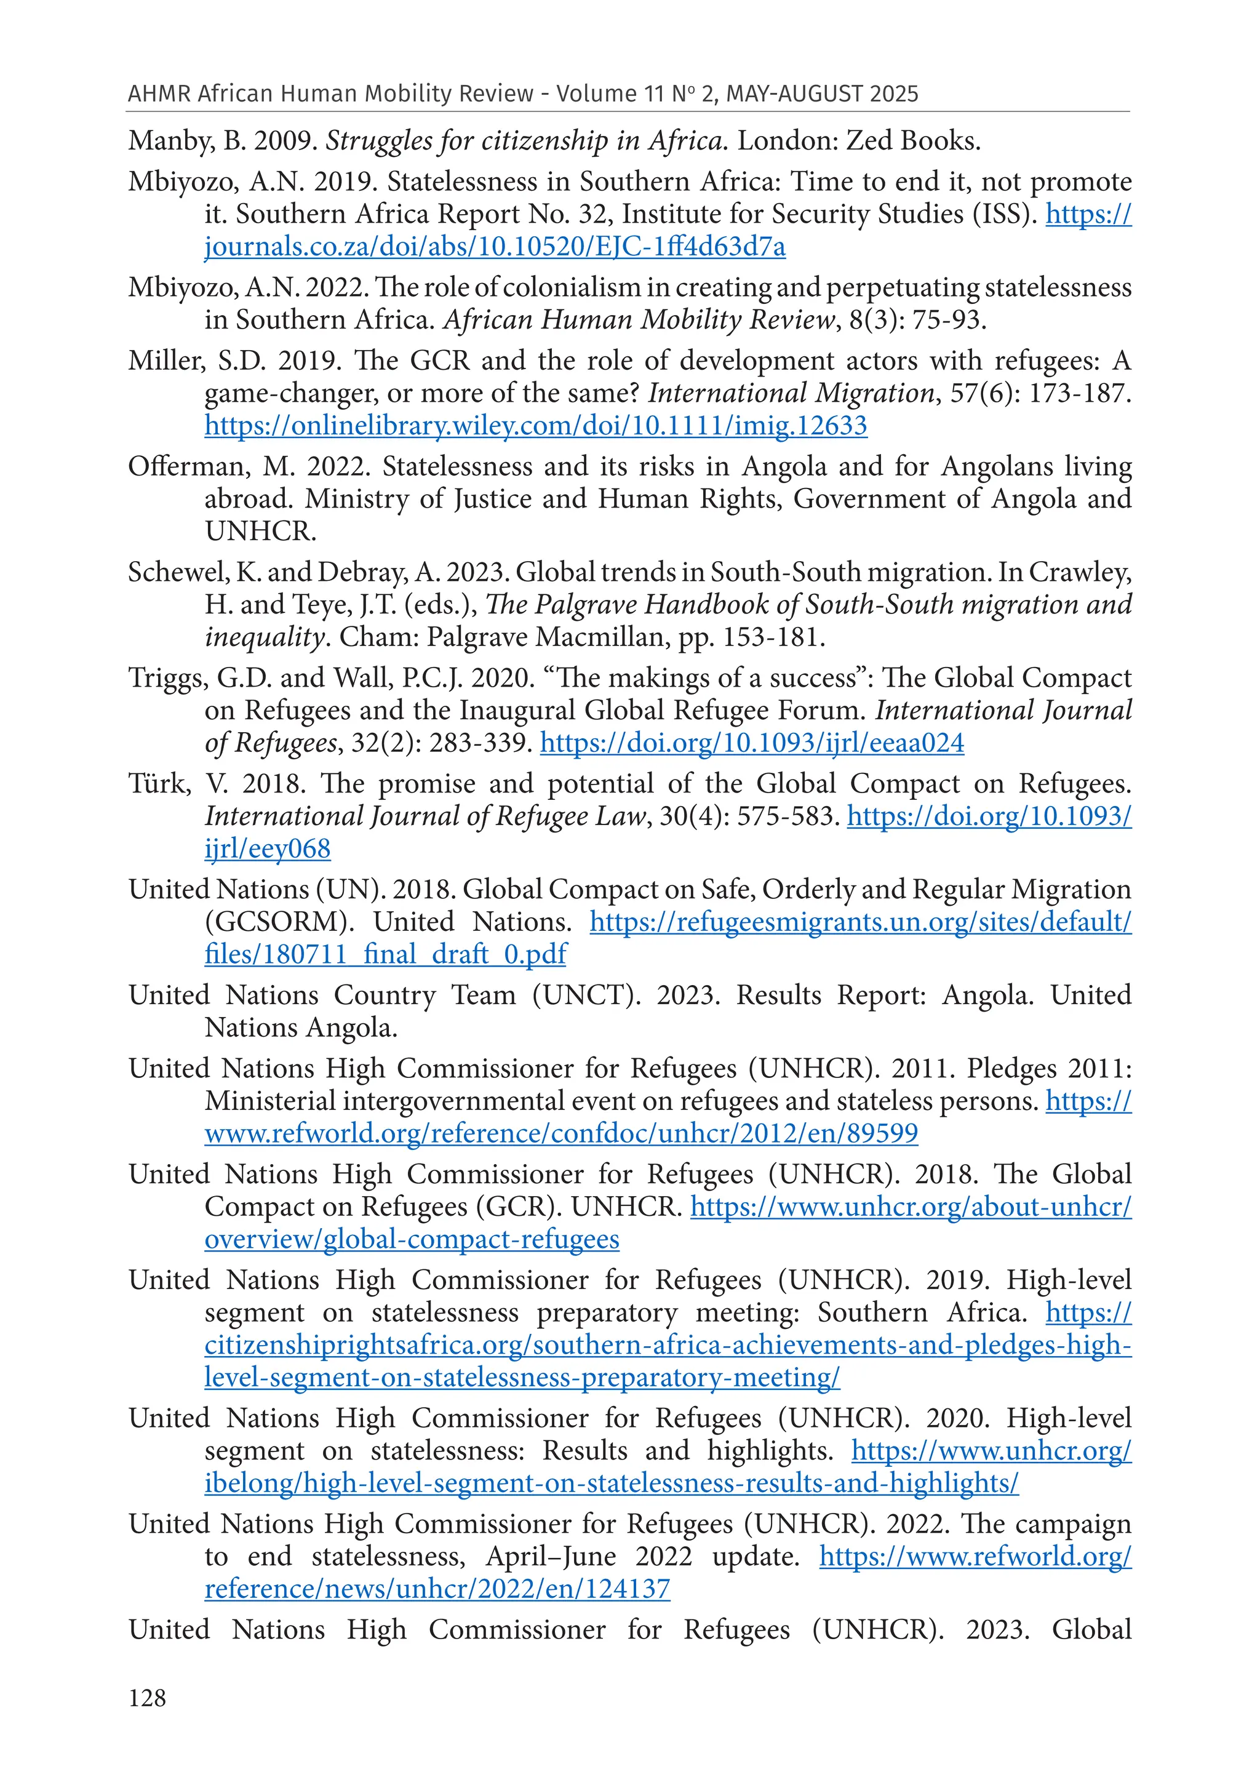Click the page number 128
pyautogui.click(x=147, y=1698)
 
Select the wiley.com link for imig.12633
pyautogui.click(x=536, y=426)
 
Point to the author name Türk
pyautogui.click(x=159, y=783)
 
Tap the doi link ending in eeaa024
pyautogui.click(x=752, y=743)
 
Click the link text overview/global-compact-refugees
pyautogui.click(x=412, y=1239)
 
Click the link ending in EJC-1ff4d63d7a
pyautogui.click(x=495, y=247)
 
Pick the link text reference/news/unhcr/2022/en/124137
pyautogui.click(x=437, y=1589)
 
